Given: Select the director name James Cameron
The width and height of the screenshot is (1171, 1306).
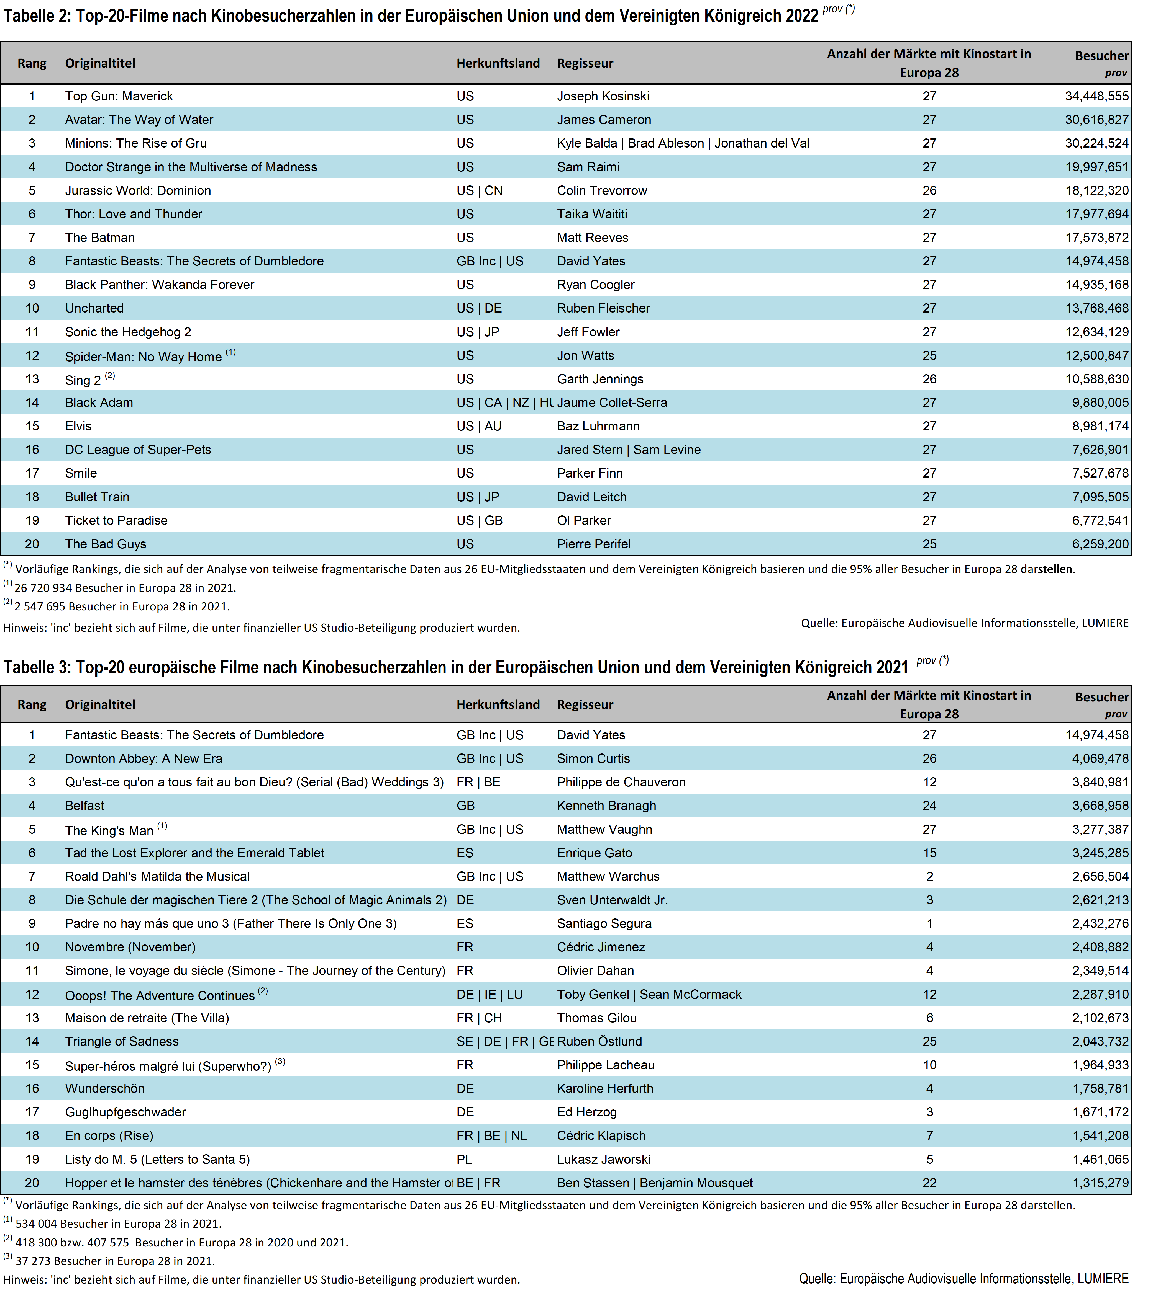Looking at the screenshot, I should coord(604,120).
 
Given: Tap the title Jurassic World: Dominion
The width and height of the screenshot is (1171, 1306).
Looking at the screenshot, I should coord(138,190).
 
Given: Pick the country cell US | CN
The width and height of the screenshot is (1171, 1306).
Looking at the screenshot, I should coord(479,190).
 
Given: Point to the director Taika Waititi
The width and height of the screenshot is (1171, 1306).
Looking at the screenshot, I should coord(592,214).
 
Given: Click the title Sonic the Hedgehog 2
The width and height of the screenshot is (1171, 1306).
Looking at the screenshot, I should coord(128,332).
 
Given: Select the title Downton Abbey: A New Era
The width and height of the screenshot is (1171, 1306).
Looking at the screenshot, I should coord(144,759).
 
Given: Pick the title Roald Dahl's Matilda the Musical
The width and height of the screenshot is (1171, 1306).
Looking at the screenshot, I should coord(157,876).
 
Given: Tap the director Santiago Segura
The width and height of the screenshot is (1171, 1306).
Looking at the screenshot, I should coord(604,923).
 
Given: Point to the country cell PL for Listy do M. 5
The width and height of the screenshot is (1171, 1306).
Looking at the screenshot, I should coord(465,1159).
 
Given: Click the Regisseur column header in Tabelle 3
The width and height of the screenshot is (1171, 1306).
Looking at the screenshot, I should coord(585,705).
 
